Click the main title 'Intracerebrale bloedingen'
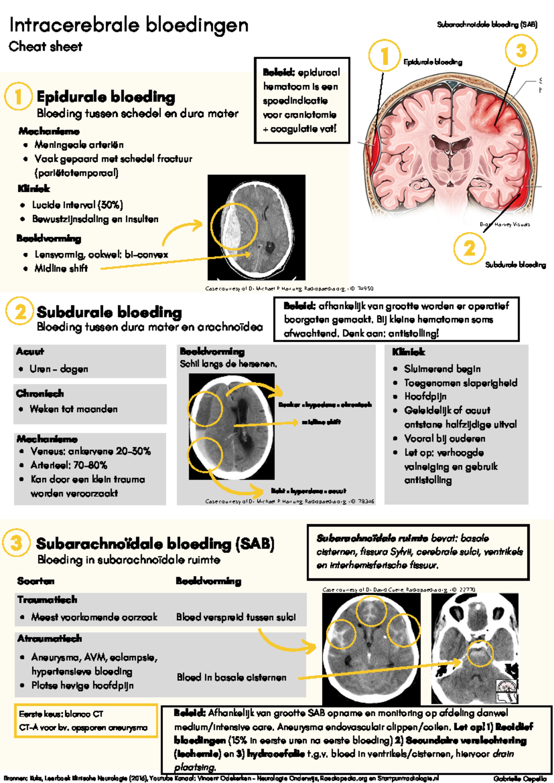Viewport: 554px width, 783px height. point(129,25)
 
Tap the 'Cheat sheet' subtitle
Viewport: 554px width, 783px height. point(45,47)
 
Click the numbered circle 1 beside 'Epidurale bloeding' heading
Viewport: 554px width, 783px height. point(18,96)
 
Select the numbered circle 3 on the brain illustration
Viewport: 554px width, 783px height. point(521,51)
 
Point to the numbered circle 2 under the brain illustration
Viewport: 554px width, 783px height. point(469,249)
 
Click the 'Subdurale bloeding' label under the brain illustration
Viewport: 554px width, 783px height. point(515,265)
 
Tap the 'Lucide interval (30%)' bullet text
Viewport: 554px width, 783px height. point(77,205)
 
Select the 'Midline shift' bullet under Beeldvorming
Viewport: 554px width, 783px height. point(61,268)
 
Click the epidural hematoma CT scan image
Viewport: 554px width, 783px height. point(256,227)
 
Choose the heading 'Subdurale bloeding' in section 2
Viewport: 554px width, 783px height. point(109,312)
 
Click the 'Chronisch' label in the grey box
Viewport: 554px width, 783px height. point(40,393)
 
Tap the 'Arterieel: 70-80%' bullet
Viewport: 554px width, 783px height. point(69,465)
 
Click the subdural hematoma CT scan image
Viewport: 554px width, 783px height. point(231,427)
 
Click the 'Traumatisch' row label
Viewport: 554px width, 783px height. point(47,599)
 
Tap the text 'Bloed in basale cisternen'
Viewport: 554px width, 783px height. point(231,677)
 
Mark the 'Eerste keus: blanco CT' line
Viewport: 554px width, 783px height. point(61,714)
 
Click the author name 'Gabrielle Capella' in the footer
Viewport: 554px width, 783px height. point(519,779)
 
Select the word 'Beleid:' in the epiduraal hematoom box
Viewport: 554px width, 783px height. point(278,72)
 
